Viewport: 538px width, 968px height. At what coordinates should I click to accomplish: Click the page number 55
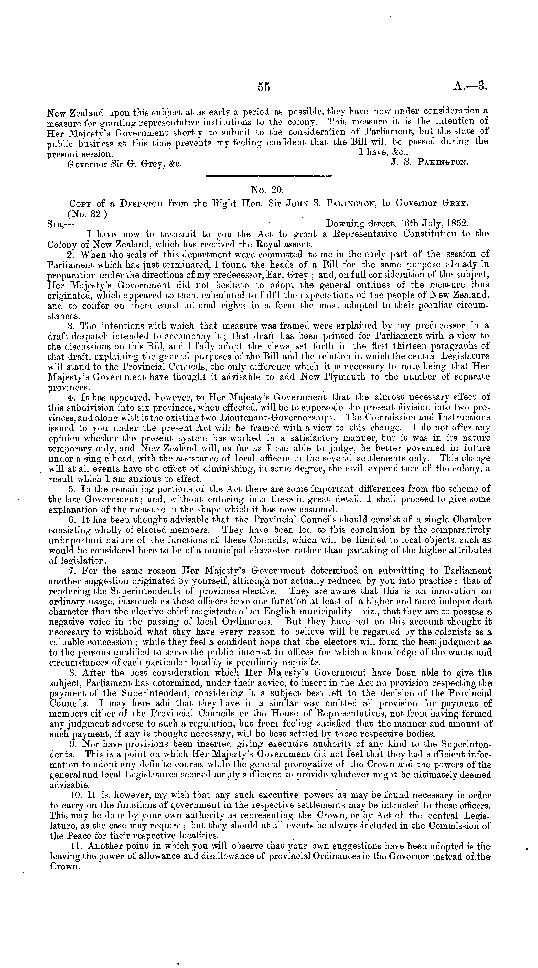coord(264,87)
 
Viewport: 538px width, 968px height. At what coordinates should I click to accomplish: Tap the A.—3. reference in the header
coord(470,87)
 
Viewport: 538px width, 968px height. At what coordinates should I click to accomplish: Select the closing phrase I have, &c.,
coord(384,153)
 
